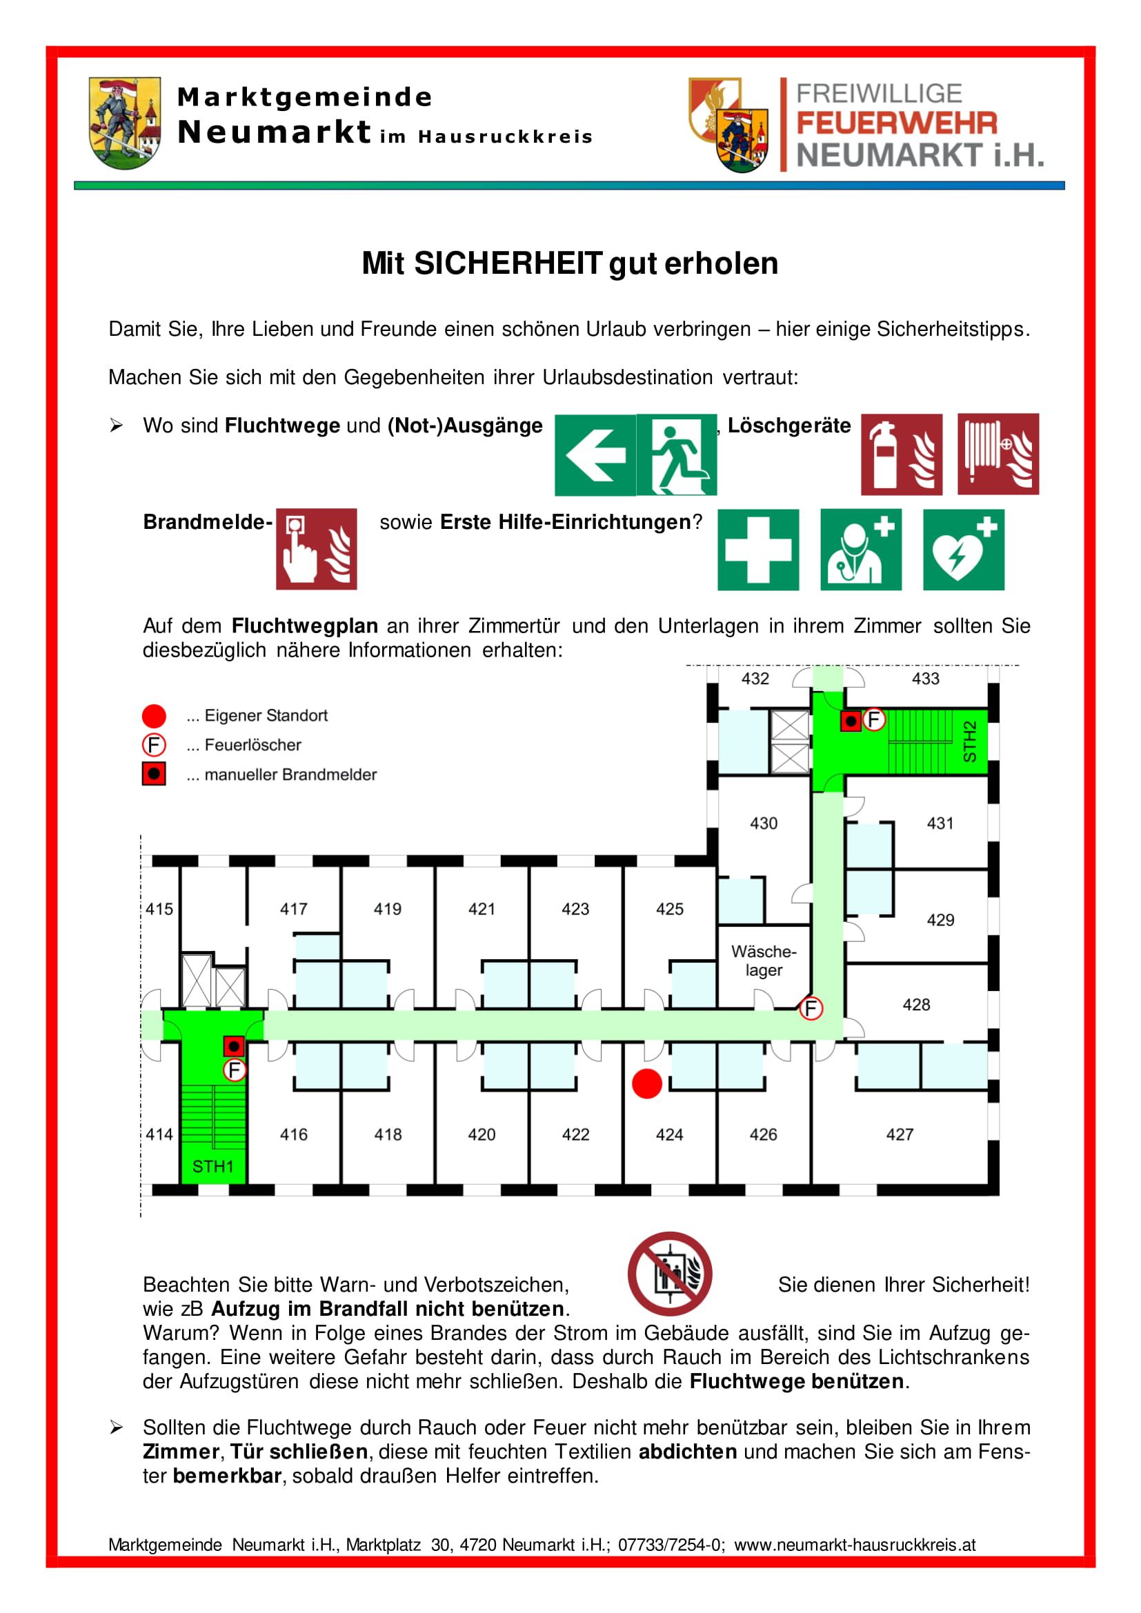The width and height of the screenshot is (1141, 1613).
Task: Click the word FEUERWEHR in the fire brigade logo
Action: [897, 123]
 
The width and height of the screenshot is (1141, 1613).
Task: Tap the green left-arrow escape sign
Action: [595, 454]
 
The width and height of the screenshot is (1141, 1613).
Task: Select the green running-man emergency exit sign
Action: [677, 454]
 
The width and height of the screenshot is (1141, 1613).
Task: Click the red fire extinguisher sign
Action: [902, 454]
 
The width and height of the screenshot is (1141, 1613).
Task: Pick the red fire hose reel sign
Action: [998, 454]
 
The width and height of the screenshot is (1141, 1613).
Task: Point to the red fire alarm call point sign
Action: [316, 549]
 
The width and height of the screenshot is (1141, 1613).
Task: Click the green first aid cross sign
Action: [757, 550]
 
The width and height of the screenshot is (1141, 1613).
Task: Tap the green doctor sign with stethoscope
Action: [861, 550]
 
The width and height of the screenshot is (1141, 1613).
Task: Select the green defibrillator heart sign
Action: [963, 550]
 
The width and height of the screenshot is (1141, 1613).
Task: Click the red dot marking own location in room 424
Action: [646, 1084]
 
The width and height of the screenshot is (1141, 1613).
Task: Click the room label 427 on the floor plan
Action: [900, 1134]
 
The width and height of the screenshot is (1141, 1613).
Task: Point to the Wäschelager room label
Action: [764, 961]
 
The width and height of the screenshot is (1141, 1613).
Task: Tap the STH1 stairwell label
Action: [213, 1167]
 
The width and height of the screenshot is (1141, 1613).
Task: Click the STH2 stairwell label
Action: [969, 741]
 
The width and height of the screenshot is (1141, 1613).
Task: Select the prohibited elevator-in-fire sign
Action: [670, 1274]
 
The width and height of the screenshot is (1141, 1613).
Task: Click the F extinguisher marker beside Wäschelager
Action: [811, 1009]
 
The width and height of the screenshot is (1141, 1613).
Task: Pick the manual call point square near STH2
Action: [851, 721]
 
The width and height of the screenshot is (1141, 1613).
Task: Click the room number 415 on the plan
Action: [159, 909]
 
